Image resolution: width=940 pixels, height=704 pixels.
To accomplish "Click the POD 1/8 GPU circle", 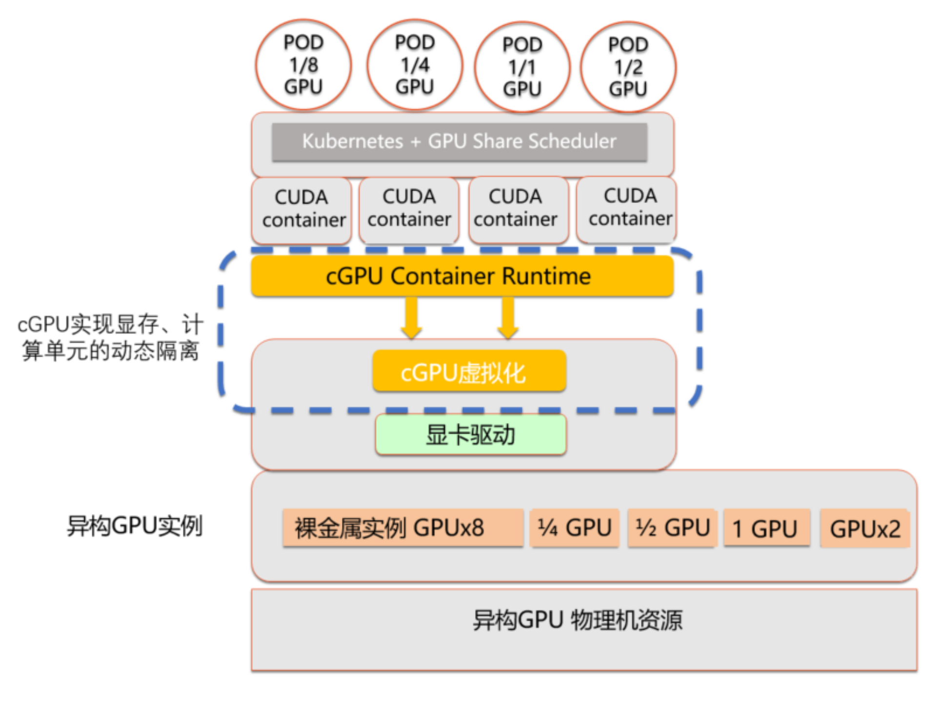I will pos(303,65).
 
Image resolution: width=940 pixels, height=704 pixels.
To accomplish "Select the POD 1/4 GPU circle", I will pos(415,65).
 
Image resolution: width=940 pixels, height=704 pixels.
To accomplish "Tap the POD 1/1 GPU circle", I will pos(522,67).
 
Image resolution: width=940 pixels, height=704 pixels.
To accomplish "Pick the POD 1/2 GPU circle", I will pos(628,67).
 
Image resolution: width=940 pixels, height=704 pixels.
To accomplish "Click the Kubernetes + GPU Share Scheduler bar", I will pos(459,141).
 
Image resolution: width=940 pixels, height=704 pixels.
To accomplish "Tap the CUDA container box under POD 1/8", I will pos(302,209).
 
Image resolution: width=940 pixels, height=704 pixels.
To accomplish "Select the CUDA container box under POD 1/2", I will pos(627,208).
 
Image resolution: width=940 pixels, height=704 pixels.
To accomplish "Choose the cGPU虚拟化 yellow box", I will pos(469,371).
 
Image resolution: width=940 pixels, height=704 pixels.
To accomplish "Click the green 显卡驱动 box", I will pos(471,434).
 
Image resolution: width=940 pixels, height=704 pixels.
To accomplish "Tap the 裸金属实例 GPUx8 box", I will pos(402,528).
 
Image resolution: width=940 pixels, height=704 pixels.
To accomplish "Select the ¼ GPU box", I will pos(575,528).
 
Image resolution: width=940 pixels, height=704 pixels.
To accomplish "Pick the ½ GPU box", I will pos(672,528).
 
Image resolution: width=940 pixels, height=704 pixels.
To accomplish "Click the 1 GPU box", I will pos(766,528).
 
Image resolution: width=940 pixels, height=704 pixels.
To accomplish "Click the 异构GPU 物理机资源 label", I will pos(578,621).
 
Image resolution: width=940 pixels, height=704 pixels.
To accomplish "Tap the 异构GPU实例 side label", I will pos(135,526).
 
